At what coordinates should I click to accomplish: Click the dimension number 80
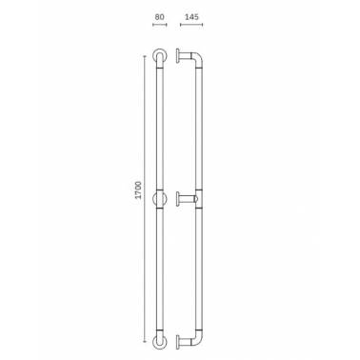(x=159, y=16)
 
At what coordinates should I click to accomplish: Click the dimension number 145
(x=191, y=16)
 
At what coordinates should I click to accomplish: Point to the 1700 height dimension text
(x=138, y=190)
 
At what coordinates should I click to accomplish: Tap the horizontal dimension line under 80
(x=160, y=25)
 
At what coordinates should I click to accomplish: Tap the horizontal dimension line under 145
(x=191, y=25)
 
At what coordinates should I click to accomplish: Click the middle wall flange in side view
(x=178, y=199)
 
